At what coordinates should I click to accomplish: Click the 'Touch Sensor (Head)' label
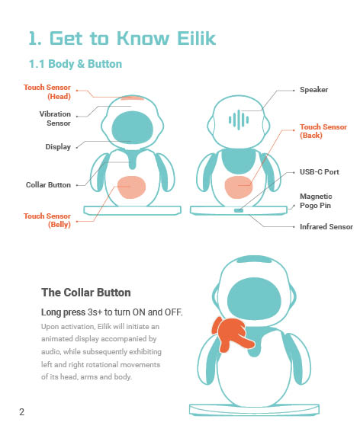coord(47,91)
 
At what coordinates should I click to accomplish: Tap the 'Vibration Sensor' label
coord(55,118)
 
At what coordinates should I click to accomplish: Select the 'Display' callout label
coord(58,147)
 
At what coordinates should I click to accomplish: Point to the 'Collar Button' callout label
coord(48,185)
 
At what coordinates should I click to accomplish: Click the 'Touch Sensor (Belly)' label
coord(47,220)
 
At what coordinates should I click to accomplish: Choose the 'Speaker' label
coord(314,90)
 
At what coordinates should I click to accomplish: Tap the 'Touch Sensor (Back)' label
coord(323,131)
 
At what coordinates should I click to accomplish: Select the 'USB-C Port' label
coord(320,172)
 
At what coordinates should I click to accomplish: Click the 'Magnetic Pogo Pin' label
coord(316,201)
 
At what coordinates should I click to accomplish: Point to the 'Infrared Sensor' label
coord(326,227)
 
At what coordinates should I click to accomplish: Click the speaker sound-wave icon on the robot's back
coord(239,120)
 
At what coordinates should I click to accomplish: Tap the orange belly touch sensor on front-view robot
coord(131,187)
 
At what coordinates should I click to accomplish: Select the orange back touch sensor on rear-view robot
coord(239,187)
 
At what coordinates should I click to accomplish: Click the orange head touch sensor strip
coord(132,98)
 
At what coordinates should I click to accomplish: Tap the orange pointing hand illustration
coord(232,334)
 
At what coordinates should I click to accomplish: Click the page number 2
coord(22,412)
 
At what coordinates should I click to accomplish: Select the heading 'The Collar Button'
coord(86,293)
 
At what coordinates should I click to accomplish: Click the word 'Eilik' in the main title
coord(196,38)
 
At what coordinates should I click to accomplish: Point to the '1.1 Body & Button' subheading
coord(76,64)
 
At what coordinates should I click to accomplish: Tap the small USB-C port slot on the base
coord(239,210)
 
